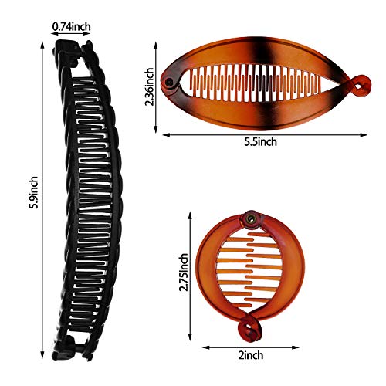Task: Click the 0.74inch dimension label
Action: (x=72, y=26)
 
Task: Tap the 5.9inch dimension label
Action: (x=33, y=192)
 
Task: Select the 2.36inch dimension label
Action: (x=149, y=86)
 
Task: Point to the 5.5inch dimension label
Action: (x=261, y=142)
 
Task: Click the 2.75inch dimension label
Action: (x=184, y=273)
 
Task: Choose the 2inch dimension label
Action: (x=251, y=355)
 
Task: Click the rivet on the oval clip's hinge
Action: (x=169, y=83)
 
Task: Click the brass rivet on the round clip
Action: (x=250, y=219)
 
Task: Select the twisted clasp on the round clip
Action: (x=249, y=330)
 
